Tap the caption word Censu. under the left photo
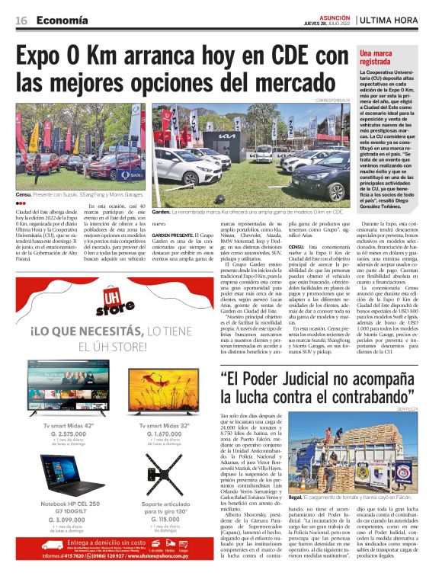coord(24,196)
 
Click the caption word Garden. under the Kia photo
coord(161,211)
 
